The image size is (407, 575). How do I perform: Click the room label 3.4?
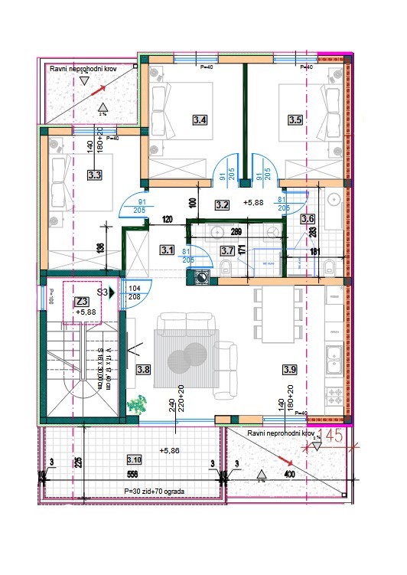click(x=200, y=119)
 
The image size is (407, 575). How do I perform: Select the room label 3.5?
click(x=295, y=119)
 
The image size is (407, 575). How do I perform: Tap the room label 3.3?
click(x=95, y=175)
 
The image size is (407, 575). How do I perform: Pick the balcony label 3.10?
click(x=134, y=459)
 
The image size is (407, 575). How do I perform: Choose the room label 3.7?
click(x=227, y=250)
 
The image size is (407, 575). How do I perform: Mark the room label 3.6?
click(x=308, y=220)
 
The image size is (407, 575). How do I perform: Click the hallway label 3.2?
click(x=223, y=204)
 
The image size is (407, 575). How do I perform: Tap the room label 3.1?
click(x=168, y=250)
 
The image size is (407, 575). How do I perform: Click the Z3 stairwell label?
click(x=83, y=301)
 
